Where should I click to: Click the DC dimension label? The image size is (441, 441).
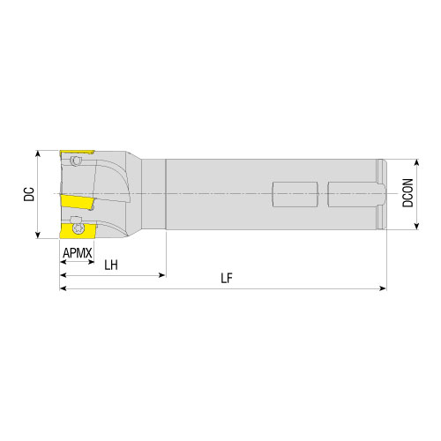pyautogui.click(x=29, y=194)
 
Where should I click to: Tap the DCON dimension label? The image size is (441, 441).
pyautogui.click(x=407, y=193)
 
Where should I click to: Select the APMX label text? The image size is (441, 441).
pyautogui.click(x=78, y=253)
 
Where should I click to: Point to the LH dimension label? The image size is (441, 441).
pyautogui.click(x=111, y=265)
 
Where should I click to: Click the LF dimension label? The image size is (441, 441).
pyautogui.click(x=227, y=278)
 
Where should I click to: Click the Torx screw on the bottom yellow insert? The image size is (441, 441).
pyautogui.click(x=78, y=228)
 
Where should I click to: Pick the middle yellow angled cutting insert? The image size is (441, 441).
pyautogui.click(x=78, y=202)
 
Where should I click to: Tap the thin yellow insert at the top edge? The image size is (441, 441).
pyautogui.click(x=77, y=153)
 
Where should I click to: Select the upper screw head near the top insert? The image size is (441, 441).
pyautogui.click(x=75, y=161)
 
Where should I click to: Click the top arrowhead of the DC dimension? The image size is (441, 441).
pyautogui.click(x=37, y=153)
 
